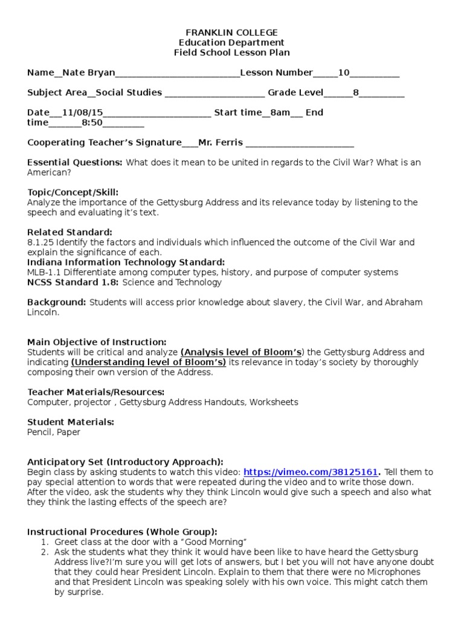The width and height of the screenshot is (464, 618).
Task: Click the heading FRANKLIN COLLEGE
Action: (x=232, y=33)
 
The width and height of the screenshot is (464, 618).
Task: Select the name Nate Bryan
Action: (x=88, y=73)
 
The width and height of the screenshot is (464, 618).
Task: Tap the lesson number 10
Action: (x=343, y=73)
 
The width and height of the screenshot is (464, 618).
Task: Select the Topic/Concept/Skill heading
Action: (x=72, y=193)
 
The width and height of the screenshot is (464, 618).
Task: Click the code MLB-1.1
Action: (x=43, y=272)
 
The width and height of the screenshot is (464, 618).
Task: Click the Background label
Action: (x=57, y=302)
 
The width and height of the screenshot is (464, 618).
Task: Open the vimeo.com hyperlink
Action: (x=311, y=472)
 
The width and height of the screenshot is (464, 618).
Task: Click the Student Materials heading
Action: (x=71, y=422)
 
